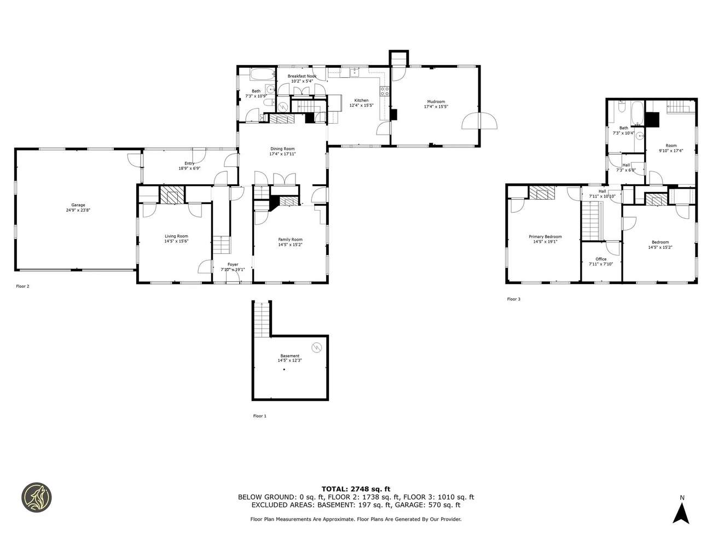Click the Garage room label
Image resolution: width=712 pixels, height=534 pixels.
pyautogui.click(x=78, y=205)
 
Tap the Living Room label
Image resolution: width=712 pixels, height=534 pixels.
pyautogui.click(x=176, y=236)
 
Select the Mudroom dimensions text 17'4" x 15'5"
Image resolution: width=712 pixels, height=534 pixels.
pyautogui.click(x=436, y=106)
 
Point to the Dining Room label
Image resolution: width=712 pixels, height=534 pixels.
pyautogui.click(x=282, y=149)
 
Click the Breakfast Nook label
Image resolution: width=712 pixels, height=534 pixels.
pyautogui.click(x=302, y=76)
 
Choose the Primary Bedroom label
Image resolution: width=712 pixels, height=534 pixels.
pyautogui.click(x=545, y=237)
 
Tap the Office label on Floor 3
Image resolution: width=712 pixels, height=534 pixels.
pyautogui.click(x=601, y=259)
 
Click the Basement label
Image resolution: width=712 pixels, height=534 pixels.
pyautogui.click(x=290, y=356)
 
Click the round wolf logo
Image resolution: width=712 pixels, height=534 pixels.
pyautogui.click(x=37, y=497)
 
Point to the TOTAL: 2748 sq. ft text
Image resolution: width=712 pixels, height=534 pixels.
pyautogui.click(x=356, y=489)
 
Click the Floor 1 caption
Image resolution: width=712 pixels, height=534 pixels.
pyautogui.click(x=259, y=416)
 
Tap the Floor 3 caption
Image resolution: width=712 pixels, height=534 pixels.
pyautogui.click(x=513, y=299)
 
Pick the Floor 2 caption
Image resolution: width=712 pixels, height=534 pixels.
pyautogui.click(x=22, y=286)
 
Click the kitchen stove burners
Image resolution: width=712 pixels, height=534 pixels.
pyautogui.click(x=385, y=91)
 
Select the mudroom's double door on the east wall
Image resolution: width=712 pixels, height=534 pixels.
pyautogui.click(x=479, y=120)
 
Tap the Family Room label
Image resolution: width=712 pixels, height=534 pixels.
pyautogui.click(x=290, y=240)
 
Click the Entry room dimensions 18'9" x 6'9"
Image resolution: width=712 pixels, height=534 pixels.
pyautogui.click(x=189, y=169)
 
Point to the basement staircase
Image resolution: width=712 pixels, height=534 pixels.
pyautogui.click(x=262, y=320)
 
